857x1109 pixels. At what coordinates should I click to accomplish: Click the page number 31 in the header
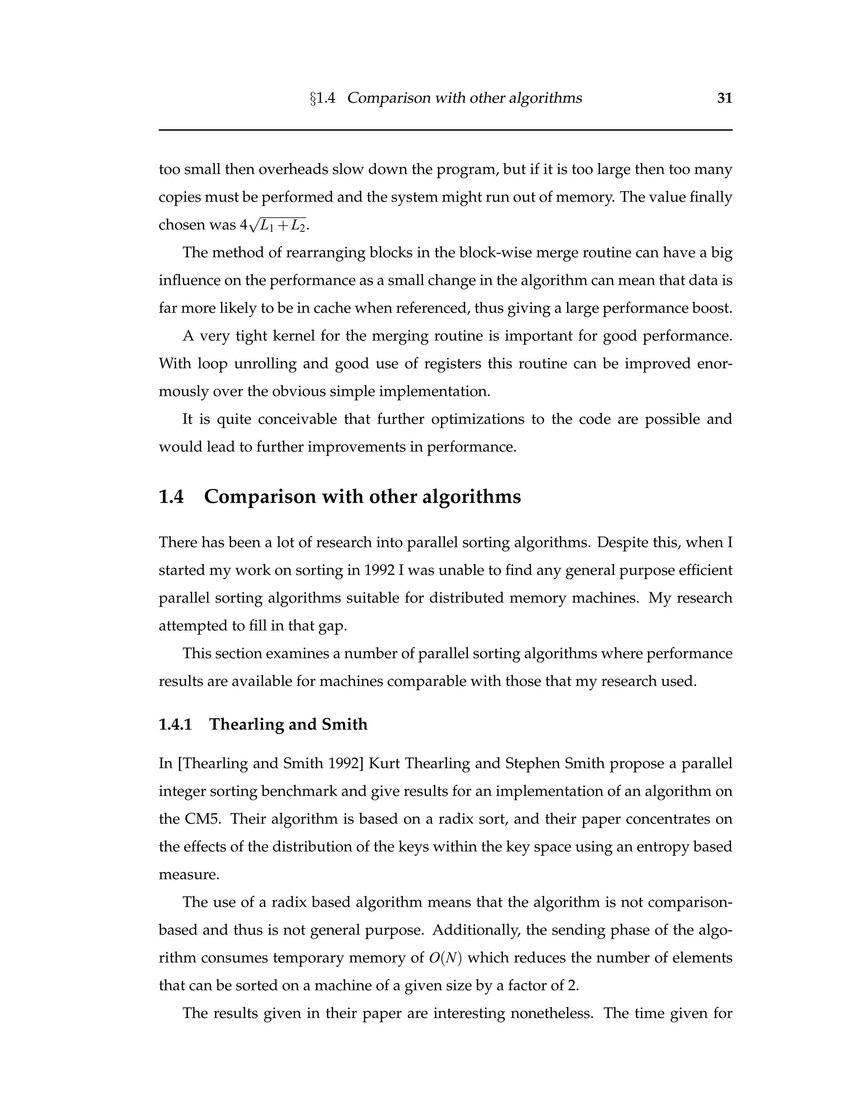(x=724, y=98)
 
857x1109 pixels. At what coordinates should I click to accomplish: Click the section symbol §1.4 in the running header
(x=322, y=98)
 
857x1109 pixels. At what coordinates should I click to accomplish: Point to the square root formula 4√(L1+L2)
(x=274, y=225)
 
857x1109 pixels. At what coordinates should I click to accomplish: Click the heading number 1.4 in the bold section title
(x=171, y=497)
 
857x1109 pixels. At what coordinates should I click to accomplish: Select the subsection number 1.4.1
(x=175, y=724)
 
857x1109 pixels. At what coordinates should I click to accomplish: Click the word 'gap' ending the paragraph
(x=334, y=626)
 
